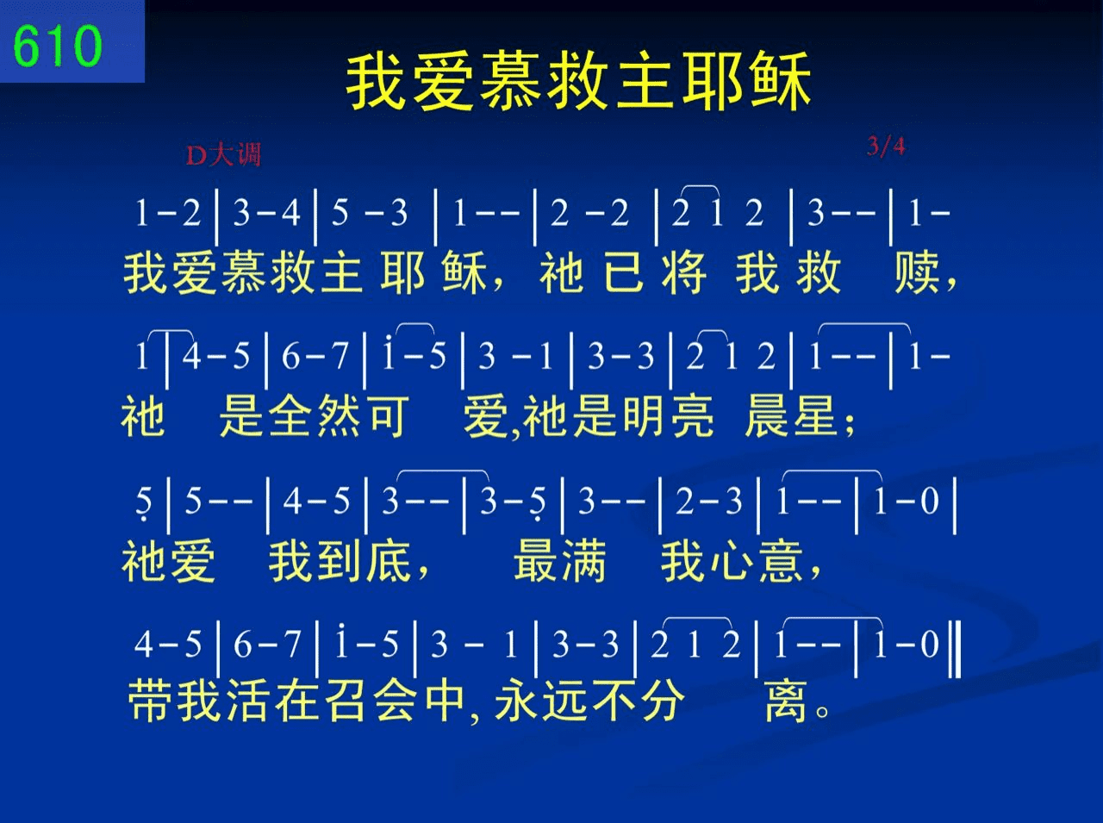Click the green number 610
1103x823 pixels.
click(57, 46)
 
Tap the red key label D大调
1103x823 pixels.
click(223, 155)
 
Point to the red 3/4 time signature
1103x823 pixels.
click(886, 147)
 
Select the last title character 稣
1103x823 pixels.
click(781, 82)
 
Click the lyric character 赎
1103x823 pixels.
click(916, 273)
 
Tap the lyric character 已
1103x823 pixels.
click(624, 273)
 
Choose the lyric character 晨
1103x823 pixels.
click(767, 416)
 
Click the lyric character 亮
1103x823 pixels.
click(692, 416)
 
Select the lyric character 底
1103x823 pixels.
click(389, 560)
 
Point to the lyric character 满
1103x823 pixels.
click(584, 560)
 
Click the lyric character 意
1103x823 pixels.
click(781, 560)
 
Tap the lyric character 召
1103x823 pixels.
click(346, 700)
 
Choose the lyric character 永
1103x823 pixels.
click(518, 700)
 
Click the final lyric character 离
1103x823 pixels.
click(787, 700)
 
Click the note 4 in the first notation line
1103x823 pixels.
click(291, 213)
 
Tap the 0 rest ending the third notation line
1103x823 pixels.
click(930, 501)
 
